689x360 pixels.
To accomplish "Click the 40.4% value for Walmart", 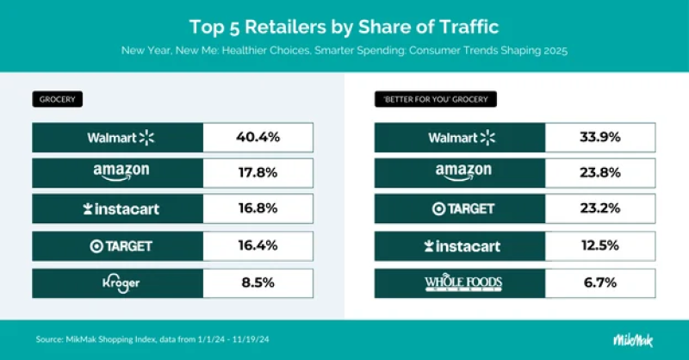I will (x=258, y=137).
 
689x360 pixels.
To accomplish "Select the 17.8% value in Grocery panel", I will (x=258, y=172).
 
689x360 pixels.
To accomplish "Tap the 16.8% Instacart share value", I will (x=258, y=209).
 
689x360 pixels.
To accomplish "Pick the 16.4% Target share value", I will (x=258, y=245).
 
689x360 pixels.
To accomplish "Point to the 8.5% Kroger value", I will (x=258, y=282).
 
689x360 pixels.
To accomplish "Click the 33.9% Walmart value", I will (x=600, y=137).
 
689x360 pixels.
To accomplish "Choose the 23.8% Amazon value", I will (x=600, y=172).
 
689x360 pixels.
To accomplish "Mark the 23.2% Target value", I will (x=600, y=209).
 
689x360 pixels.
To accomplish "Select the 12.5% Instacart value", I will (x=600, y=245).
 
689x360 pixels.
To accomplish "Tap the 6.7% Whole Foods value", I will (x=600, y=282).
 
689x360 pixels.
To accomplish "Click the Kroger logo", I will (x=120, y=282).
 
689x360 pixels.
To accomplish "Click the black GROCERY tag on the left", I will (x=58, y=99).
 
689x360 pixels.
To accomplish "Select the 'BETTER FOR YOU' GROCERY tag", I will (x=436, y=99).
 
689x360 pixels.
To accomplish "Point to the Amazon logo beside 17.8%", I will (x=120, y=172).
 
